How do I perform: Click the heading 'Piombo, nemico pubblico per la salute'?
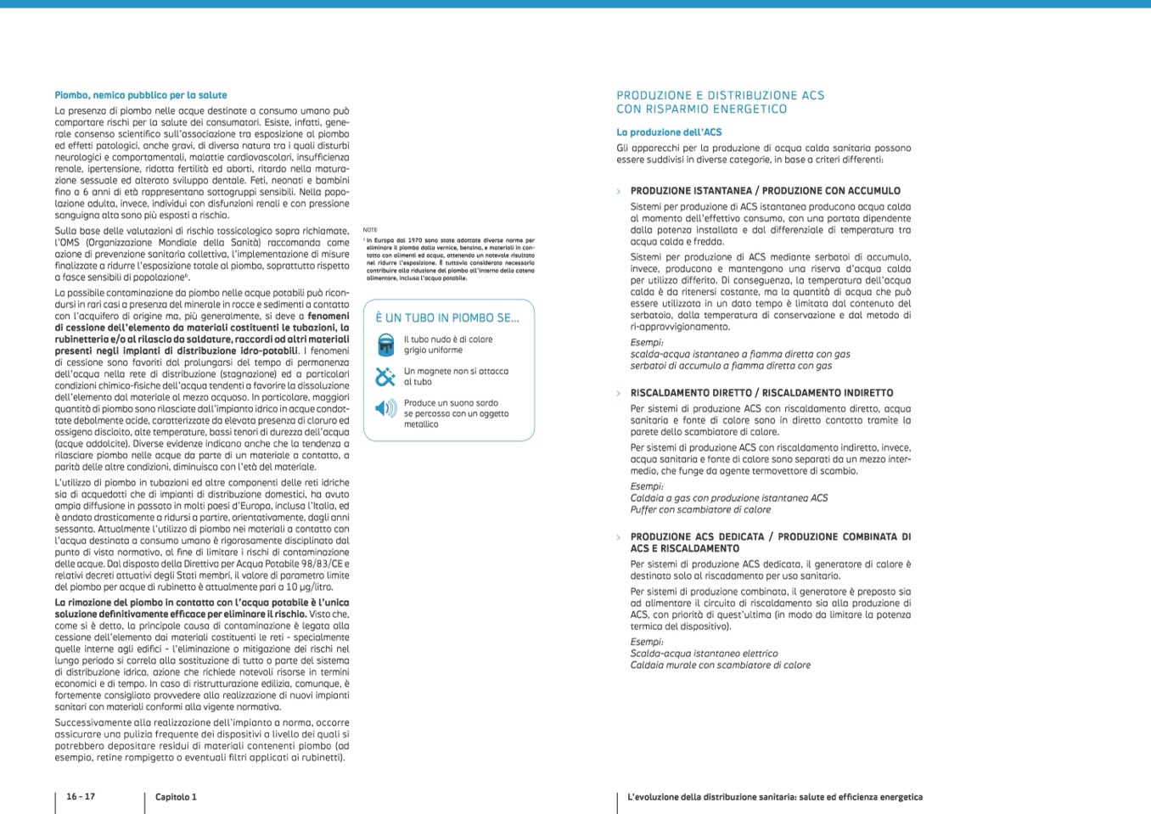(x=140, y=95)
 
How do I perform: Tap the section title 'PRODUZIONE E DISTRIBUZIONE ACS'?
(x=720, y=95)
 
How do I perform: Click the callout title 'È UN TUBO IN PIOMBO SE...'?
(x=446, y=318)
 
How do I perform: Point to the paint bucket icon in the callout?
(x=385, y=345)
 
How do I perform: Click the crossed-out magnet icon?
(x=385, y=376)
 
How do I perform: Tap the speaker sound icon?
(x=385, y=409)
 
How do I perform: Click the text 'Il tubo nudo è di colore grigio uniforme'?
(x=447, y=345)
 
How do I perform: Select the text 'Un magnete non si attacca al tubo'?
(x=456, y=376)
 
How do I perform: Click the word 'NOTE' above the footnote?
(x=369, y=230)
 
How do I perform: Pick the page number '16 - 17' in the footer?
(x=81, y=797)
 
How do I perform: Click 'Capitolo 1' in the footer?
(x=176, y=797)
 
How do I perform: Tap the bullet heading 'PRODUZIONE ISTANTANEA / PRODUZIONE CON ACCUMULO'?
(x=765, y=191)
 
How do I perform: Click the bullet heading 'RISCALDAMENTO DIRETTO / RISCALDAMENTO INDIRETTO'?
(x=761, y=393)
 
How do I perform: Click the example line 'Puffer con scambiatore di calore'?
(x=700, y=510)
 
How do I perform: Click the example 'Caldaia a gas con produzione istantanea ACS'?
(x=728, y=498)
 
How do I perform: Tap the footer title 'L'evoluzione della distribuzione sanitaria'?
(x=774, y=797)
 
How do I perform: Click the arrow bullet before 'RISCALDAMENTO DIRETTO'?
(x=619, y=393)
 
